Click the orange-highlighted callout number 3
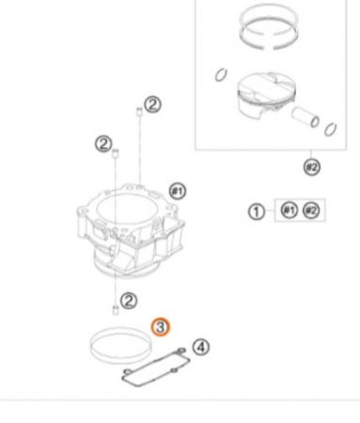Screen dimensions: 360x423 (160, 327)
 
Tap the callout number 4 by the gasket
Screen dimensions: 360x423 (201, 347)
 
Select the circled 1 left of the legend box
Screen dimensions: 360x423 (257, 211)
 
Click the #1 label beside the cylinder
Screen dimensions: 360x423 (178, 191)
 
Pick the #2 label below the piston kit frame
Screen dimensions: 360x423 (312, 167)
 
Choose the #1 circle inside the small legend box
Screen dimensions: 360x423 (289, 210)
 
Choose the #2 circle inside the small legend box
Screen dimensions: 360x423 (311, 211)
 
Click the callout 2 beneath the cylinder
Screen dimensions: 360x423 (129, 301)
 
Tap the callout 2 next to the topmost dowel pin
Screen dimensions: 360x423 (153, 104)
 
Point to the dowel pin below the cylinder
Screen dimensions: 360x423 (116, 309)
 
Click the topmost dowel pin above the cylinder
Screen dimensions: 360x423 (139, 112)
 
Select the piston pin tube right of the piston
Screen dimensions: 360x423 (305, 117)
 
